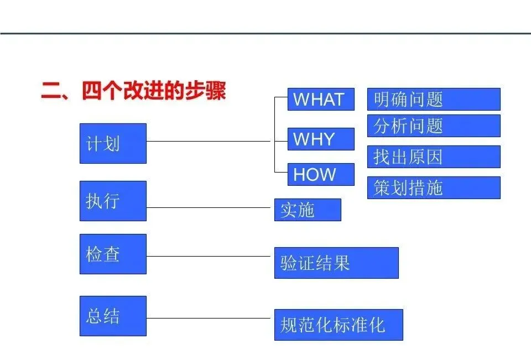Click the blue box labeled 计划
[x=113, y=143]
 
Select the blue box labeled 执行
[x=113, y=201]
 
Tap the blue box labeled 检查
[x=113, y=254]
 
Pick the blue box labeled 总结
[x=113, y=316]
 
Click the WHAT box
[x=321, y=100]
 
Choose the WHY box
[x=321, y=139]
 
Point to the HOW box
[x=321, y=174]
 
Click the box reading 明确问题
[x=434, y=100]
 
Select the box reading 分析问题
[x=434, y=126]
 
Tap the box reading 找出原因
[x=434, y=156]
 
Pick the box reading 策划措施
[x=434, y=187]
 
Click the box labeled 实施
[x=308, y=210]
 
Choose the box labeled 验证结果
[x=336, y=263]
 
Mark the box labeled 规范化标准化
[x=339, y=325]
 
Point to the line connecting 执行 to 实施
[x=210, y=207]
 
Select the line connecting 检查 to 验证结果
[x=210, y=256]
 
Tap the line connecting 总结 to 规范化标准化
[x=210, y=318]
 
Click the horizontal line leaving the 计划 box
[x=210, y=141]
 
